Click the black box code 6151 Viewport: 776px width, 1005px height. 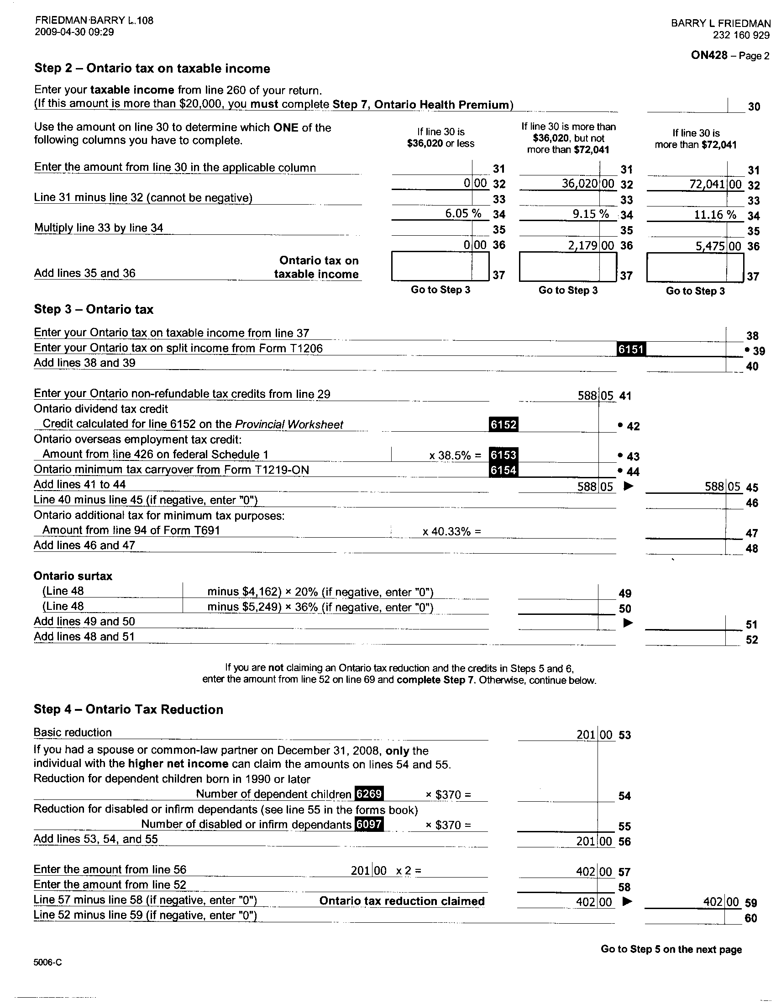pyautogui.click(x=631, y=349)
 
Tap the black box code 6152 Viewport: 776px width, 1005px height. pyautogui.click(x=503, y=424)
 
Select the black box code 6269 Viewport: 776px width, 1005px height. pyautogui.click(x=369, y=793)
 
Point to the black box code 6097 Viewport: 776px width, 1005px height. pyautogui.click(x=369, y=824)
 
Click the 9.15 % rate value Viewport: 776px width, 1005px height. pyautogui.click(x=590, y=214)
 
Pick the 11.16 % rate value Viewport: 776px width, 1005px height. pyautogui.click(x=715, y=215)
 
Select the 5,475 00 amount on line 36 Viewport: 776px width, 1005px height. pyautogui.click(x=718, y=246)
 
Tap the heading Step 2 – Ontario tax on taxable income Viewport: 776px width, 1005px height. pyautogui.click(x=152, y=69)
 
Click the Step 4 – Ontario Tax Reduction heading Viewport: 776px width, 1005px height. pyautogui.click(x=128, y=709)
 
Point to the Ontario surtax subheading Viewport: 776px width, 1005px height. pyautogui.click(x=73, y=576)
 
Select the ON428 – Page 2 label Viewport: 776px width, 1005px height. pyautogui.click(x=729, y=56)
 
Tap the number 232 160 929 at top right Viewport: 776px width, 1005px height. pyautogui.click(x=741, y=35)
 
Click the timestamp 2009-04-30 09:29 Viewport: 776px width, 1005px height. pyautogui.click(x=74, y=32)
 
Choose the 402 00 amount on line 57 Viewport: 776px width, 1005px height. pyautogui.click(x=593, y=872)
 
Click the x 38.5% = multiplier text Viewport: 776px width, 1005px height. pyautogui.click(x=455, y=455)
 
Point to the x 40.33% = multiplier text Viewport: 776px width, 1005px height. pyautogui.click(x=451, y=532)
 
